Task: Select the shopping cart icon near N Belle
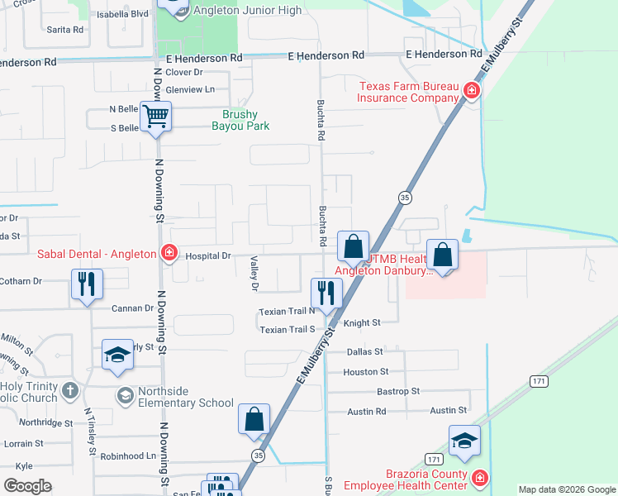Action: tap(154, 117)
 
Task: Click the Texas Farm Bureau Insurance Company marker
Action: tap(471, 90)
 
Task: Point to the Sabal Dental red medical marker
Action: tap(169, 252)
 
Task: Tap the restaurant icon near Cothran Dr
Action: tap(86, 286)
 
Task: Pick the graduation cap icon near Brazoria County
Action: tap(464, 441)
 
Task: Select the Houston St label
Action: tap(359, 372)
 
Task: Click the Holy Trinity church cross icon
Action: tap(70, 389)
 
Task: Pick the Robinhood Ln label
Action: tap(128, 455)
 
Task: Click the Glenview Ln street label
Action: tap(190, 89)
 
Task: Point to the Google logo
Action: tap(27, 486)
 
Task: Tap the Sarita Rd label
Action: tap(65, 29)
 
